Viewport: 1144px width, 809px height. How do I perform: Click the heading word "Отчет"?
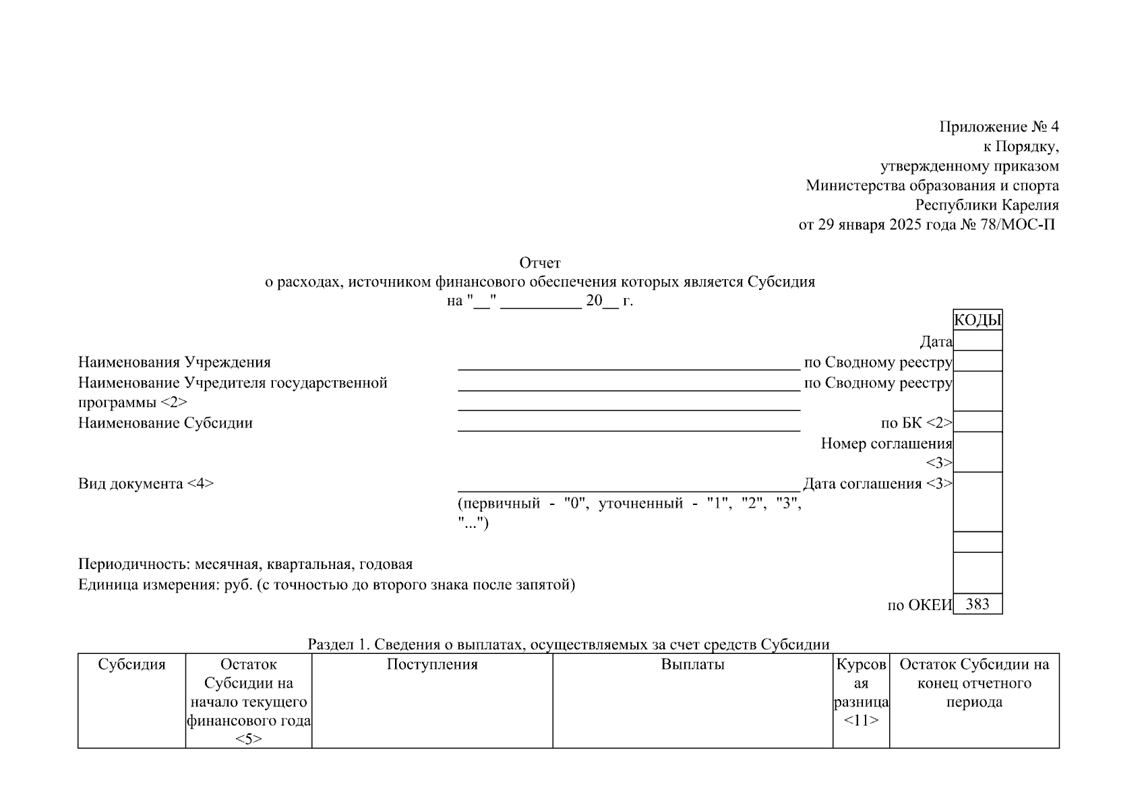click(x=539, y=262)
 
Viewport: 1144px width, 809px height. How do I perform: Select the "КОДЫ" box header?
click(x=977, y=320)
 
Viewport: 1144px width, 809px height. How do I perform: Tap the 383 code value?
click(x=977, y=604)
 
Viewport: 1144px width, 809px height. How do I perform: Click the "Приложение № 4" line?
click(x=999, y=127)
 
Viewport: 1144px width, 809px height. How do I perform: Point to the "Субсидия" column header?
click(x=131, y=665)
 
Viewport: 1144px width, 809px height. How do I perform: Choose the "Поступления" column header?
click(x=432, y=665)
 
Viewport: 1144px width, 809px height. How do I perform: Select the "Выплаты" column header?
click(x=692, y=665)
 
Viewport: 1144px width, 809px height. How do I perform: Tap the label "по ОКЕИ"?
click(x=920, y=605)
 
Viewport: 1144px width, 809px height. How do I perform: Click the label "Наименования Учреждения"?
click(x=175, y=363)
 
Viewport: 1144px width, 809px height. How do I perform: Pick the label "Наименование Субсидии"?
click(x=165, y=423)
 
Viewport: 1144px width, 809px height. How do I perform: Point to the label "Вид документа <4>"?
click(x=146, y=484)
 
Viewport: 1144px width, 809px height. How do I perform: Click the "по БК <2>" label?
click(x=916, y=423)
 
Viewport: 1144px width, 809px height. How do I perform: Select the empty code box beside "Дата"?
click(x=977, y=340)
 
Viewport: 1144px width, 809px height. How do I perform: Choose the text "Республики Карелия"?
click(x=987, y=205)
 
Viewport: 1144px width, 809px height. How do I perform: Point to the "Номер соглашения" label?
click(x=886, y=444)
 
